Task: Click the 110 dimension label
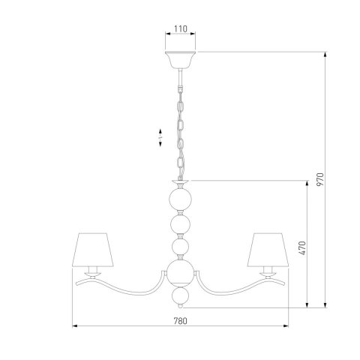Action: (x=180, y=29)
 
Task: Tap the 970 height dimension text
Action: (x=319, y=179)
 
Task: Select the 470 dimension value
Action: (x=301, y=247)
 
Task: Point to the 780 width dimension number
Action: (x=180, y=321)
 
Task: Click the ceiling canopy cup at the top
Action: (x=180, y=60)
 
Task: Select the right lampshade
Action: (x=268, y=250)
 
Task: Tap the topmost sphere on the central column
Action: (x=180, y=199)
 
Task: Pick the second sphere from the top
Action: (x=180, y=225)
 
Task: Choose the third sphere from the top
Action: (x=180, y=247)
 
